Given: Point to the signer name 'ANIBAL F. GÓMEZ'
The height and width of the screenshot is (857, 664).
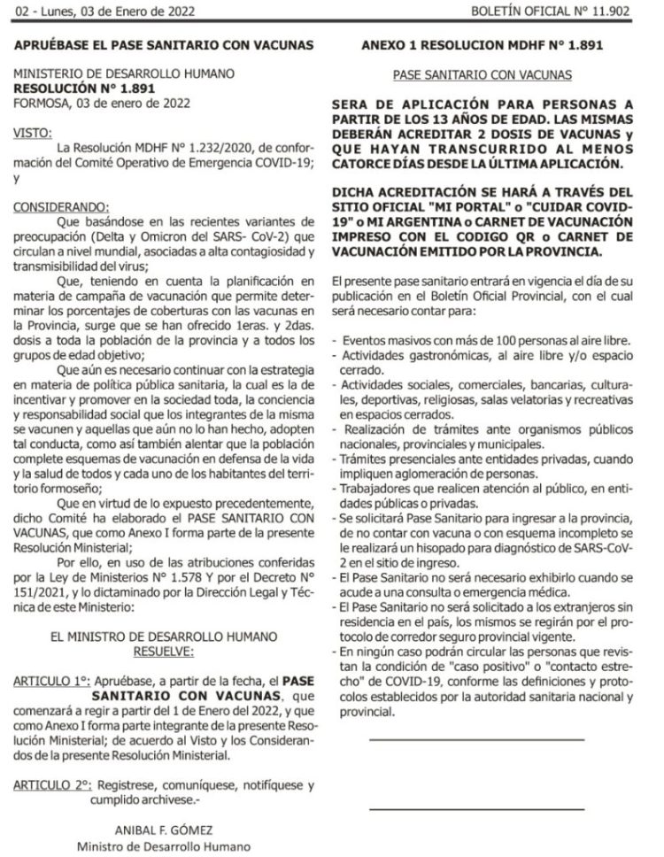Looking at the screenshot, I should [166, 830].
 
